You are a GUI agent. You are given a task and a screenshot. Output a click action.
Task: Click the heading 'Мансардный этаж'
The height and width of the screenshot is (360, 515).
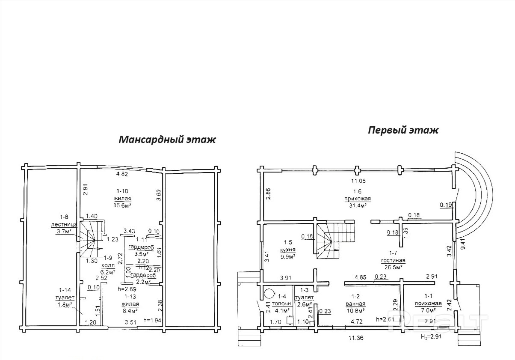(x=167, y=140)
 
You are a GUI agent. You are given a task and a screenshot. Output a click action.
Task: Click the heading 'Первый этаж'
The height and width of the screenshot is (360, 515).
(x=403, y=130)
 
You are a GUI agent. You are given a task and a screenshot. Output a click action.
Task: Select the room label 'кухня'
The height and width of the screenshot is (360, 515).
(x=289, y=250)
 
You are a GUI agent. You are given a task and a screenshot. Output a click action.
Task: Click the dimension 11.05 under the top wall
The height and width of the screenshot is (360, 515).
(x=359, y=181)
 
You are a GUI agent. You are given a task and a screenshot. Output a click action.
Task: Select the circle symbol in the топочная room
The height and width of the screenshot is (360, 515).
(x=269, y=294)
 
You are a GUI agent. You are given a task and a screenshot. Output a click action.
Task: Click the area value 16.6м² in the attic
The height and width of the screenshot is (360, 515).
(x=122, y=205)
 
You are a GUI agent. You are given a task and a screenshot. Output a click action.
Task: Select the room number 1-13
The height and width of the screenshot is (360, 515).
(x=131, y=296)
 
